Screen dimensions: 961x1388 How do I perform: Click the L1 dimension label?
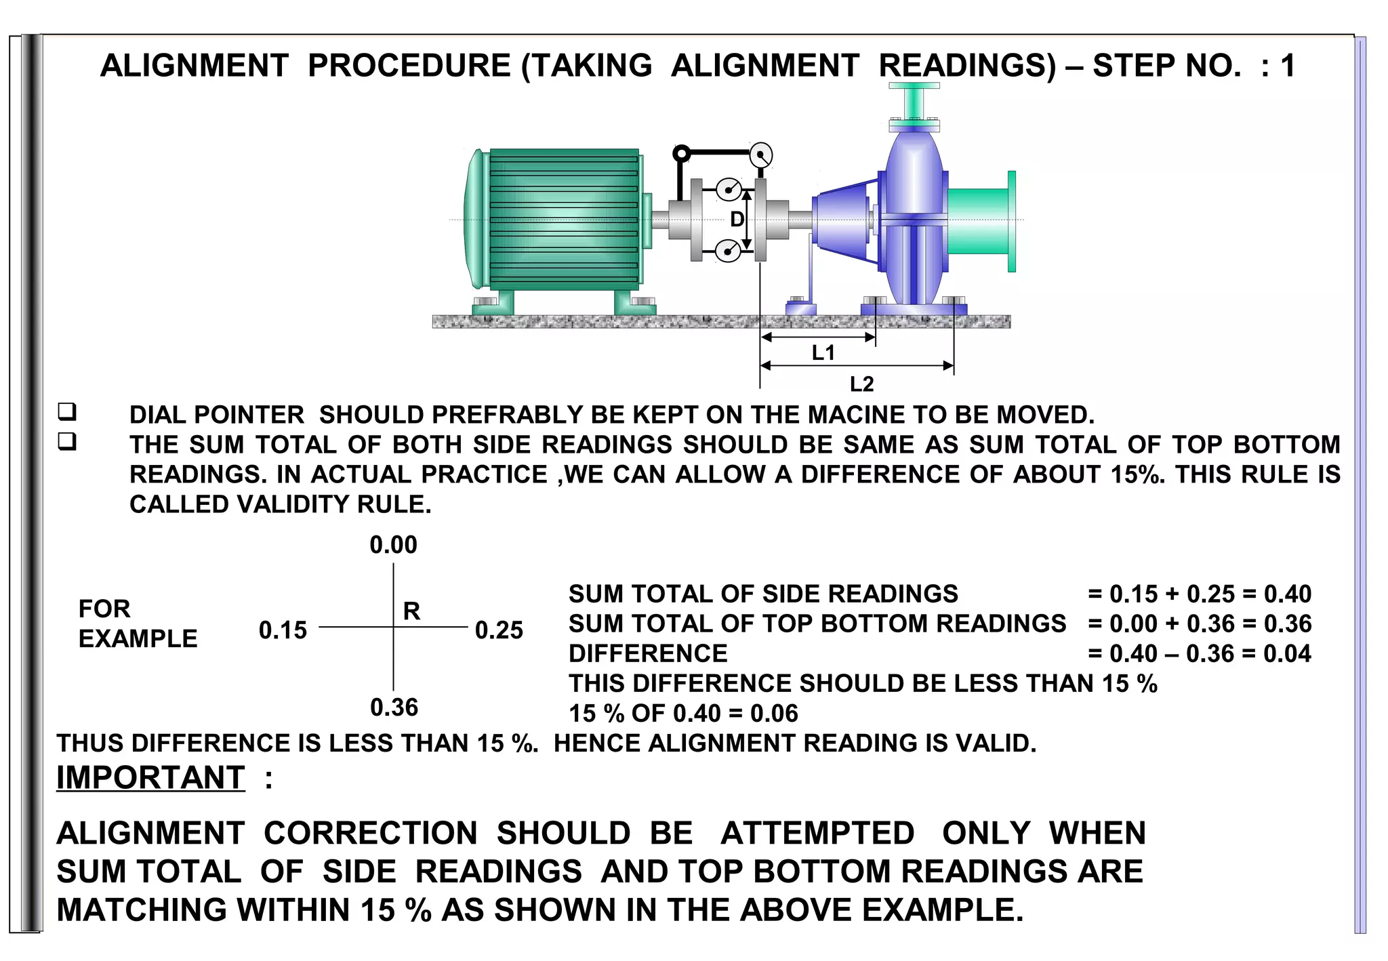tap(823, 352)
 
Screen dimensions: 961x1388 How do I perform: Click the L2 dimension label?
tap(861, 384)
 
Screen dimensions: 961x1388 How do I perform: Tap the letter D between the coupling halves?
tap(737, 219)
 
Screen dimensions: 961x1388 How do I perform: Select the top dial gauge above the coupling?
tap(761, 155)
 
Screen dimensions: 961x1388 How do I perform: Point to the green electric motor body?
tap(563, 219)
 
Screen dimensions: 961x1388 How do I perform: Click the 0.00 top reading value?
tap(393, 545)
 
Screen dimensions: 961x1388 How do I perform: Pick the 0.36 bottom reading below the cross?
tap(394, 708)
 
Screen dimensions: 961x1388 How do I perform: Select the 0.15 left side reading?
tap(283, 630)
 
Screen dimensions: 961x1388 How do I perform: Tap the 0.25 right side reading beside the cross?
tap(499, 630)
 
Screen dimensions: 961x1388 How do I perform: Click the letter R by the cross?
tap(411, 611)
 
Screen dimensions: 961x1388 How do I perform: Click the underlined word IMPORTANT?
tap(150, 777)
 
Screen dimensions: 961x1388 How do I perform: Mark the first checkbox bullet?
tap(67, 411)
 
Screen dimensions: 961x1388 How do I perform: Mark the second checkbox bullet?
tap(67, 442)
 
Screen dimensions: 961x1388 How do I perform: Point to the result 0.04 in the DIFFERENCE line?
tap(1288, 653)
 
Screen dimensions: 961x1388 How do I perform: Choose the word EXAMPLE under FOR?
tap(138, 638)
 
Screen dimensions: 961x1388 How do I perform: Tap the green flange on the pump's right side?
tap(1011, 221)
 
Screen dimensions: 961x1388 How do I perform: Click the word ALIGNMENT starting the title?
tap(195, 66)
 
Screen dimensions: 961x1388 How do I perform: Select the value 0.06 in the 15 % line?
tap(774, 713)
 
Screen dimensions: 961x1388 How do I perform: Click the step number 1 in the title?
tap(1288, 66)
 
